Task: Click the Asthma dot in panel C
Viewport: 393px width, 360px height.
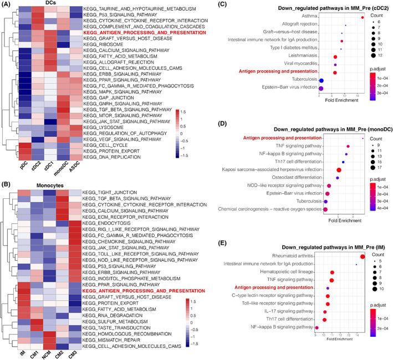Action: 362,17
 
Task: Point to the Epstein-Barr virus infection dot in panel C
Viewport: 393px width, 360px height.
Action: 321,88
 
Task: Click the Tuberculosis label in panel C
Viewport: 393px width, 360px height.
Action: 302,80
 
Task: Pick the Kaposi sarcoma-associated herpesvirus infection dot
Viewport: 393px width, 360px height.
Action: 339,169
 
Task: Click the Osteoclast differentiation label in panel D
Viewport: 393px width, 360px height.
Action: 293,177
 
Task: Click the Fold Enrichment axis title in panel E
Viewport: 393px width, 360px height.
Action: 340,354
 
